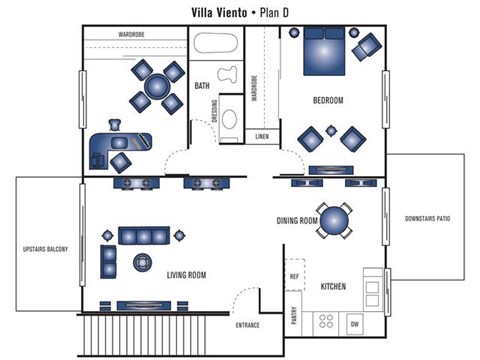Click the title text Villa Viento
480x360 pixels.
[225, 13]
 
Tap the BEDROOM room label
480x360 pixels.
[328, 101]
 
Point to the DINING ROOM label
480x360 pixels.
[297, 221]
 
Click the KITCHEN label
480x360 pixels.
[333, 287]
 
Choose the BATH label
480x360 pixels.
[202, 86]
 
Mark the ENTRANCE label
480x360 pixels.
[248, 326]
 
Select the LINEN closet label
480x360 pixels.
[262, 136]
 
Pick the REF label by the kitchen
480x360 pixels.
[294, 275]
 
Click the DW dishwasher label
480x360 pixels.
[354, 325]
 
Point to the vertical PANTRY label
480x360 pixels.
[293, 316]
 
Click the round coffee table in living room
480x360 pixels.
[141, 262]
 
